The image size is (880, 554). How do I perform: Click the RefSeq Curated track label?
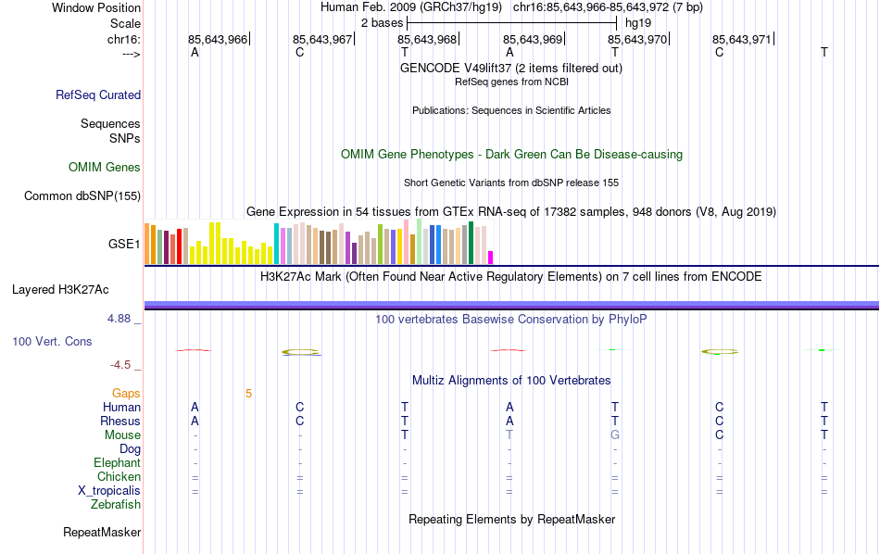98,94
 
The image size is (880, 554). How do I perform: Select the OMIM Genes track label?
105,168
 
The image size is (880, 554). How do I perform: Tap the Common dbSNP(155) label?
82,195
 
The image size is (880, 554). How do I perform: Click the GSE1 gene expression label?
124,245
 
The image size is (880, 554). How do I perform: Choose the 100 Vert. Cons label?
52,342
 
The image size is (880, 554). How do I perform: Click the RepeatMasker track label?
102,533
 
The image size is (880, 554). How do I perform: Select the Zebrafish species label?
116,505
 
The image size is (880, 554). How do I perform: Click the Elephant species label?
117,463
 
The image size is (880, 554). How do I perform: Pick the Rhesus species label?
120,422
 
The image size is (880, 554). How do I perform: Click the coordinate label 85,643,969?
533,40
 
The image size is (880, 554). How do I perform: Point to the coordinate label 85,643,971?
741,40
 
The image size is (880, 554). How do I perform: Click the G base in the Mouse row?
614,435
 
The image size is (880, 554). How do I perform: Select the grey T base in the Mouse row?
509,435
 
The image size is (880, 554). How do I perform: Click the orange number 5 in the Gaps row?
248,394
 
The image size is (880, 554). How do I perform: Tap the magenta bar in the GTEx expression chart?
491,258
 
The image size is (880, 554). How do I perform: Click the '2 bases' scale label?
382,22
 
